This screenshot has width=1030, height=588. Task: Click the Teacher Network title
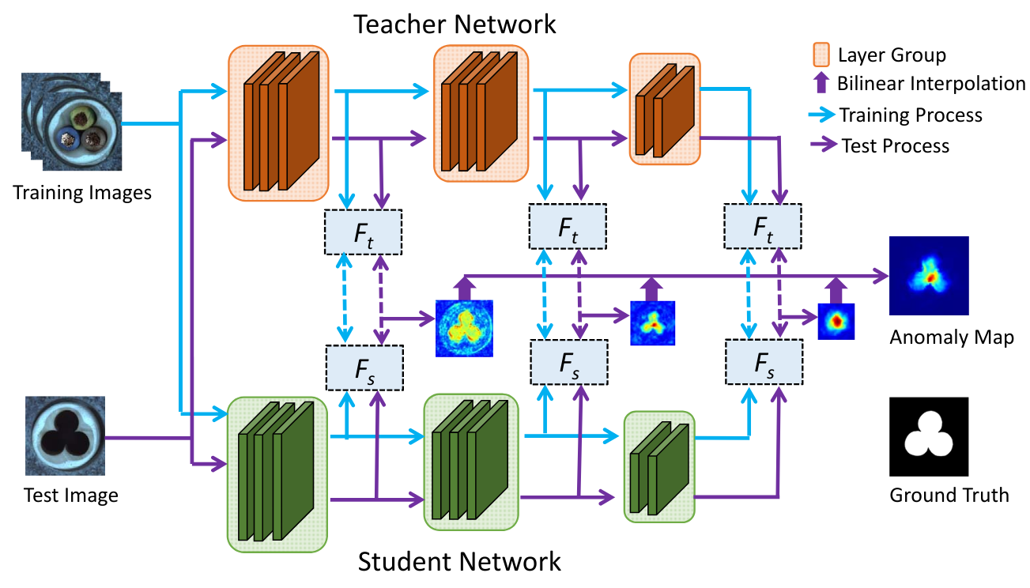pyautogui.click(x=455, y=24)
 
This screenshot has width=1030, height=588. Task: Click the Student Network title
pyautogui.click(x=459, y=563)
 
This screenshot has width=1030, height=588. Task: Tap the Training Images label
pyautogui.click(x=82, y=192)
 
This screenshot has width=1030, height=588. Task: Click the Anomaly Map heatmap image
pyautogui.click(x=929, y=276)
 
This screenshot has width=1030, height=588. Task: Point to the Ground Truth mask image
pyautogui.click(x=929, y=436)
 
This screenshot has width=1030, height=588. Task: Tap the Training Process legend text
pyautogui.click(x=911, y=115)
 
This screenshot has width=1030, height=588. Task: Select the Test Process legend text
pyautogui.click(x=896, y=145)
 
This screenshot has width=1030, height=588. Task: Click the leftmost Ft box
pyautogui.click(x=364, y=232)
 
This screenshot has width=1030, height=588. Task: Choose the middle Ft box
pyautogui.click(x=567, y=226)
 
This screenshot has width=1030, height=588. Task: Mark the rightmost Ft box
pyautogui.click(x=763, y=226)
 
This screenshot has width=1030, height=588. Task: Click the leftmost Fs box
pyautogui.click(x=364, y=369)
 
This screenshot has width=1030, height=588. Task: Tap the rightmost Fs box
pyautogui.click(x=764, y=363)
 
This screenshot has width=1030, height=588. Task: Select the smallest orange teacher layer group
pyautogui.click(x=664, y=108)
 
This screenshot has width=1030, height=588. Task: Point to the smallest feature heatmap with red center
pyautogui.click(x=836, y=322)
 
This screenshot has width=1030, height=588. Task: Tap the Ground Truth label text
pyautogui.click(x=949, y=496)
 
